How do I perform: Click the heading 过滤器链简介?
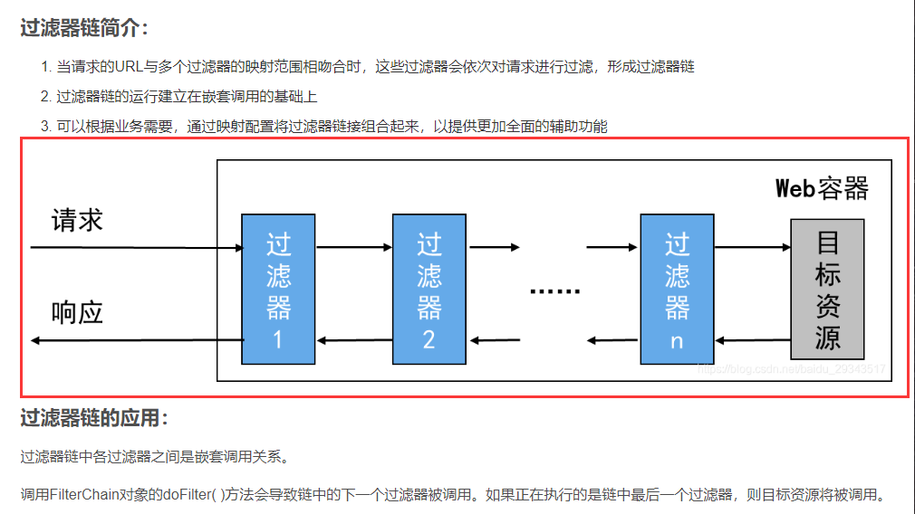82,28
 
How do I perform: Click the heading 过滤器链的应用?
93,418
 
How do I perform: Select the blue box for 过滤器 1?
278,289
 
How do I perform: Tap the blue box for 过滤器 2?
429,289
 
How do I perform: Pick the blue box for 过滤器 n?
677,289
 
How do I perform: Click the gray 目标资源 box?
826,289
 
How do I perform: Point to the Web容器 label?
822,188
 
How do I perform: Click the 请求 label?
77,221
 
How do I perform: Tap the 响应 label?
77,313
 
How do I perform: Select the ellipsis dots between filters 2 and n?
554,291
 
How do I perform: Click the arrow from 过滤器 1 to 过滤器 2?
353,247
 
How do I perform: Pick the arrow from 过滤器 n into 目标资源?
752,247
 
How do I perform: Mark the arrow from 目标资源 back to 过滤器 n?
752,341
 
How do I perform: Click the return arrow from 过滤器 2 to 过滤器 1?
353,341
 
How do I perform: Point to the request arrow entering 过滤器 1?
136,247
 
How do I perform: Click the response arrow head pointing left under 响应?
36,341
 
